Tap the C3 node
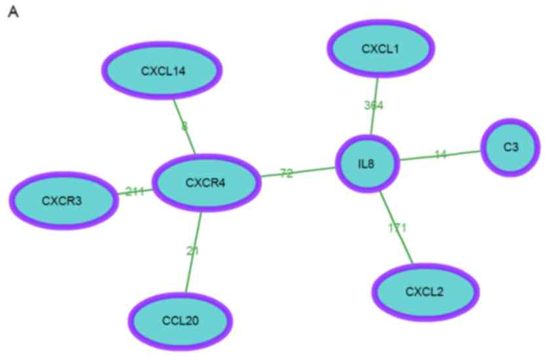510,148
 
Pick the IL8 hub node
366,163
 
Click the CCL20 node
180,321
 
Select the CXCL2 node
425,291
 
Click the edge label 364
374,105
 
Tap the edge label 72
287,173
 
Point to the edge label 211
135,192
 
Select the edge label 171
397,228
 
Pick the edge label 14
440,154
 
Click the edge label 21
192,251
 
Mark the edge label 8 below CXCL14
185,126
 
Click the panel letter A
12,12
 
